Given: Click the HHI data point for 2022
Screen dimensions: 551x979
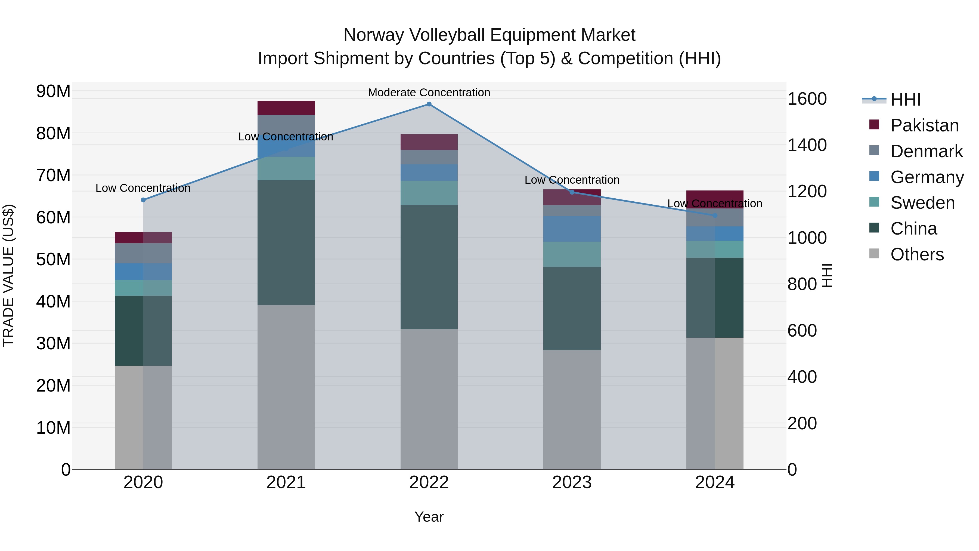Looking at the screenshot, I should [429, 104].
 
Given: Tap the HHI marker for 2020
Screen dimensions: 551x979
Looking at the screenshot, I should [143, 200].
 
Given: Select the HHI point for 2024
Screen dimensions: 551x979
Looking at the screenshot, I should [715, 216].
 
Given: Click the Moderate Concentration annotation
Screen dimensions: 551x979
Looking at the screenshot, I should [429, 93].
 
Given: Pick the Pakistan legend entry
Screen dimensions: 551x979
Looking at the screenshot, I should [924, 125].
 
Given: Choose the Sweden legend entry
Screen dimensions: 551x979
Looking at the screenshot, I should [922, 203].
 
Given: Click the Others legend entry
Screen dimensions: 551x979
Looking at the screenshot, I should [917, 254].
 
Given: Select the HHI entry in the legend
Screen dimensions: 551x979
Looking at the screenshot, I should [905, 100].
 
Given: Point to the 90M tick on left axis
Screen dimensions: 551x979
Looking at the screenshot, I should [53, 91].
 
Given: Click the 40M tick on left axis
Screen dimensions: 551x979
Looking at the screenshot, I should [53, 301].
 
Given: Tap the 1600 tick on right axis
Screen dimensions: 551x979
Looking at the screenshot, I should [807, 99].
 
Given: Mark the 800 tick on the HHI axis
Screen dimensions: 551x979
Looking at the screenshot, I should [802, 284].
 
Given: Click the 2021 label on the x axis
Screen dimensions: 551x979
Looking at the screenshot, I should [286, 482].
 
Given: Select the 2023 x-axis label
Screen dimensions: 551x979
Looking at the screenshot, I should [572, 482].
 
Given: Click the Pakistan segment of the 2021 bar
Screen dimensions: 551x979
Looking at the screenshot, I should [286, 108].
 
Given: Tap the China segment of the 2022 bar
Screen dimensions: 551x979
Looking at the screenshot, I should [429, 267].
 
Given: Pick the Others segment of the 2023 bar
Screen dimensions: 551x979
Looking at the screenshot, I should [572, 410].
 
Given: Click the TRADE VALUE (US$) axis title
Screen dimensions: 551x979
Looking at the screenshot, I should [9, 275].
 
